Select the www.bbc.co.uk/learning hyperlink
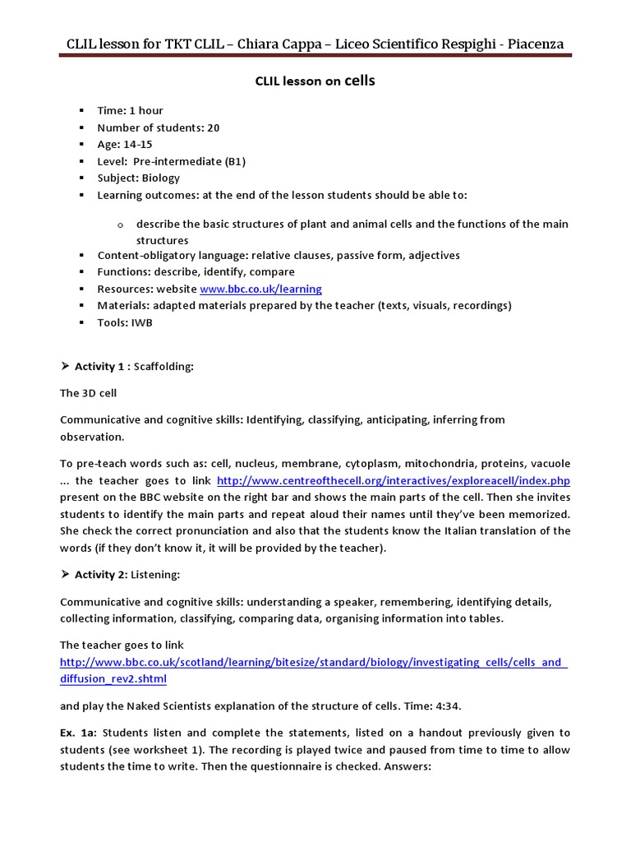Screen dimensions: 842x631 click(x=260, y=289)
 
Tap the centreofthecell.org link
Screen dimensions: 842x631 click(x=393, y=481)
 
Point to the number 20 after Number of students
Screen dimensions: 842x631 click(x=214, y=127)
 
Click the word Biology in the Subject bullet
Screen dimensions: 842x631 click(x=160, y=178)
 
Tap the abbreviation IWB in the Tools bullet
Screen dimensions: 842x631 click(x=140, y=322)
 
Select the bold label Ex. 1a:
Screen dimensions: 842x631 click(x=79, y=733)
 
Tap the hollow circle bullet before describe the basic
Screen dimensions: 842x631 click(x=120, y=224)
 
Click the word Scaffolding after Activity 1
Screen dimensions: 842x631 click(x=164, y=367)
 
